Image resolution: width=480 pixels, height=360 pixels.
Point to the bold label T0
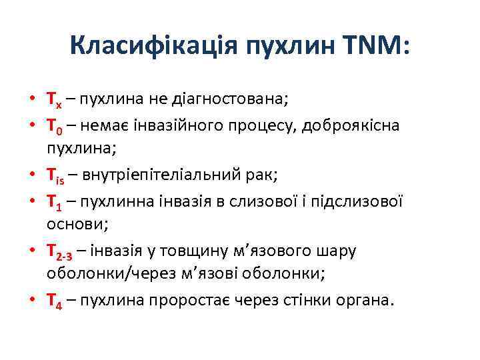click(x=54, y=126)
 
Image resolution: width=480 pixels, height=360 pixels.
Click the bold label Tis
click(x=57, y=175)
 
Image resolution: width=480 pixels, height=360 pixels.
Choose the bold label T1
click(x=54, y=201)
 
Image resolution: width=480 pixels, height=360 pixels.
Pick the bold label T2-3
click(x=60, y=251)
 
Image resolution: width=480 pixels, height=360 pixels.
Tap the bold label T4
click(x=54, y=301)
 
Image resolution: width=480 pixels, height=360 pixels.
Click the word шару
click(x=338, y=251)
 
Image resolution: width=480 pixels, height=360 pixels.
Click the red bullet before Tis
click(x=32, y=175)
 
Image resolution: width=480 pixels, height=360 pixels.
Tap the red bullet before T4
click(x=32, y=301)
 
